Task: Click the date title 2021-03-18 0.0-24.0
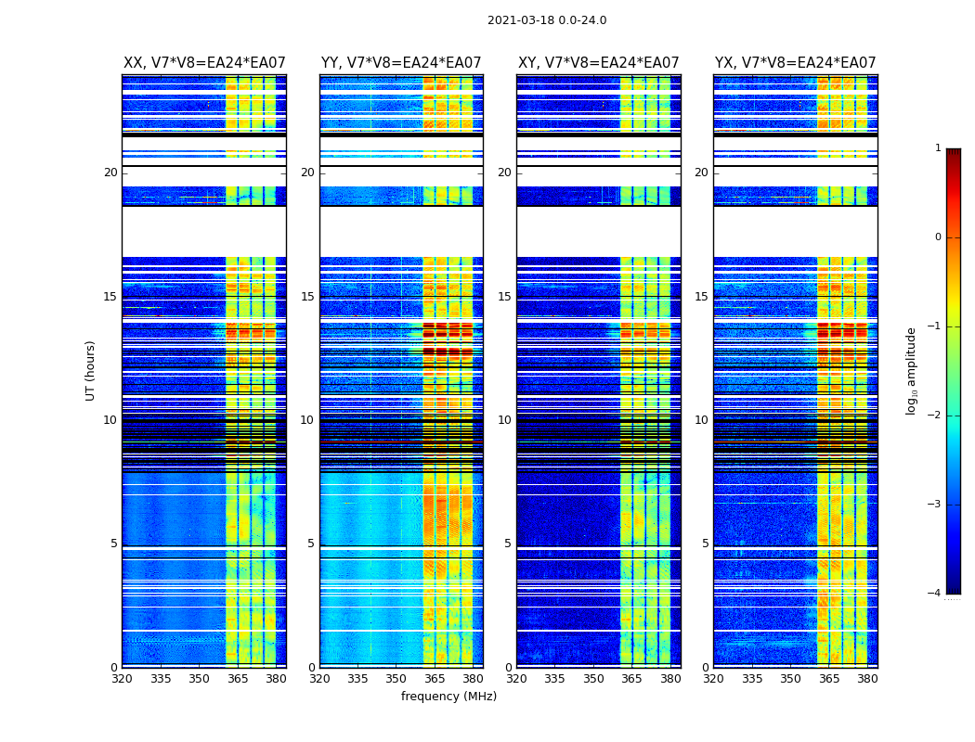pyautogui.click(x=547, y=20)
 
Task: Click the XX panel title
pyautogui.click(x=204, y=63)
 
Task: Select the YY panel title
pyautogui.click(x=401, y=63)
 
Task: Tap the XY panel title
pyautogui.click(x=599, y=63)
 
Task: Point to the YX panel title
pyautogui.click(x=796, y=63)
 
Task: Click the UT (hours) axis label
pyautogui.click(x=91, y=370)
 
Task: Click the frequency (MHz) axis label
pyautogui.click(x=448, y=697)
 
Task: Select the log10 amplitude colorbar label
pyautogui.click(x=912, y=370)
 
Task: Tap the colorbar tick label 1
pyautogui.click(x=938, y=148)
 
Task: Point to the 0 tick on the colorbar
pyautogui.click(x=938, y=237)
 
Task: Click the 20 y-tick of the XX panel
pyautogui.click(x=110, y=173)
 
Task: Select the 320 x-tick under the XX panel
pyautogui.click(x=122, y=679)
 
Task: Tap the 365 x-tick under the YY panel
pyautogui.click(x=435, y=679)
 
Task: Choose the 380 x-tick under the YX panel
pyautogui.click(x=867, y=679)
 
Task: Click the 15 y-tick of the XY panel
pyautogui.click(x=504, y=297)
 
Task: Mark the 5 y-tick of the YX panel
pyautogui.click(x=705, y=544)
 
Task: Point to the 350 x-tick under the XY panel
pyautogui.click(x=593, y=679)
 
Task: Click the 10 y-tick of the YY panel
pyautogui.click(x=307, y=420)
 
